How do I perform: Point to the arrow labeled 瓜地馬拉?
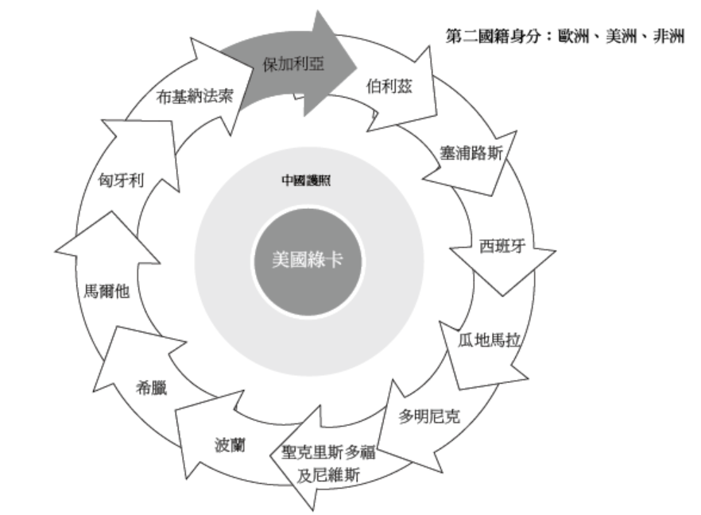click(x=488, y=341)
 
